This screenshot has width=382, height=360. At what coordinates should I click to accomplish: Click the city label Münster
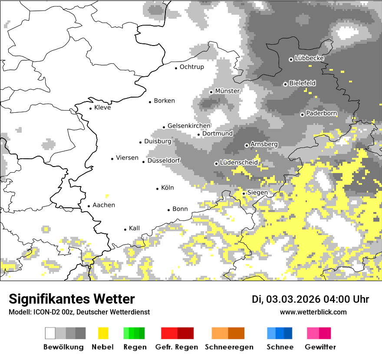pyautogui.click(x=227, y=91)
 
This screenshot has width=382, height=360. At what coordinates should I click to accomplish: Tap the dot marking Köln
pyautogui.click(x=158, y=188)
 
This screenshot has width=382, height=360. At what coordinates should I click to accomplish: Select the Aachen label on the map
pyautogui.click(x=104, y=205)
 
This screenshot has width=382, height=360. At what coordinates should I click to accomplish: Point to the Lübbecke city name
pyautogui.click(x=310, y=58)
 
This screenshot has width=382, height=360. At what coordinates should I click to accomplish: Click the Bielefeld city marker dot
pyautogui.click(x=285, y=84)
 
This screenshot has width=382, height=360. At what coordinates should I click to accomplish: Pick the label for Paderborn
pyautogui.click(x=322, y=114)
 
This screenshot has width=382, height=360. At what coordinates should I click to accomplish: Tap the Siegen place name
pyautogui.click(x=257, y=193)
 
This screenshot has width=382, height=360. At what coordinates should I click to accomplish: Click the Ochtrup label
pyautogui.click(x=192, y=67)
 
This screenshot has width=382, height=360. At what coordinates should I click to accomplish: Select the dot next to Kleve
pyautogui.click(x=90, y=108)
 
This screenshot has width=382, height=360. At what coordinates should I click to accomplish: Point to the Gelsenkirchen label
pyautogui.click(x=189, y=126)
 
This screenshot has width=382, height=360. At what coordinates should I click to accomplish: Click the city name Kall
pyautogui.click(x=135, y=228)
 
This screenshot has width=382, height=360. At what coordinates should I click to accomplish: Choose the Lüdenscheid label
pyautogui.click(x=239, y=163)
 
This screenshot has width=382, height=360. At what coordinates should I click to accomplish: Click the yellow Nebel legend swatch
pyautogui.click(x=103, y=333)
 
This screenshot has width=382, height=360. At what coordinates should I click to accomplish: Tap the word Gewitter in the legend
pyautogui.click(x=320, y=347)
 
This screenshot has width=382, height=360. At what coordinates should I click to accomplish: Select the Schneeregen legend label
pyautogui.click(x=229, y=347)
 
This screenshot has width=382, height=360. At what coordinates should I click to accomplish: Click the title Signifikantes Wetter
pyautogui.click(x=72, y=299)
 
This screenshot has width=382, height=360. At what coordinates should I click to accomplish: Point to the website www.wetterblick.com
pyautogui.click(x=313, y=312)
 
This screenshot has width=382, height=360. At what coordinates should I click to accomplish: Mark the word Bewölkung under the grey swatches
pyautogui.click(x=63, y=347)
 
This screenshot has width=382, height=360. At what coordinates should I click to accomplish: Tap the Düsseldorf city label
pyautogui.click(x=164, y=160)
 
